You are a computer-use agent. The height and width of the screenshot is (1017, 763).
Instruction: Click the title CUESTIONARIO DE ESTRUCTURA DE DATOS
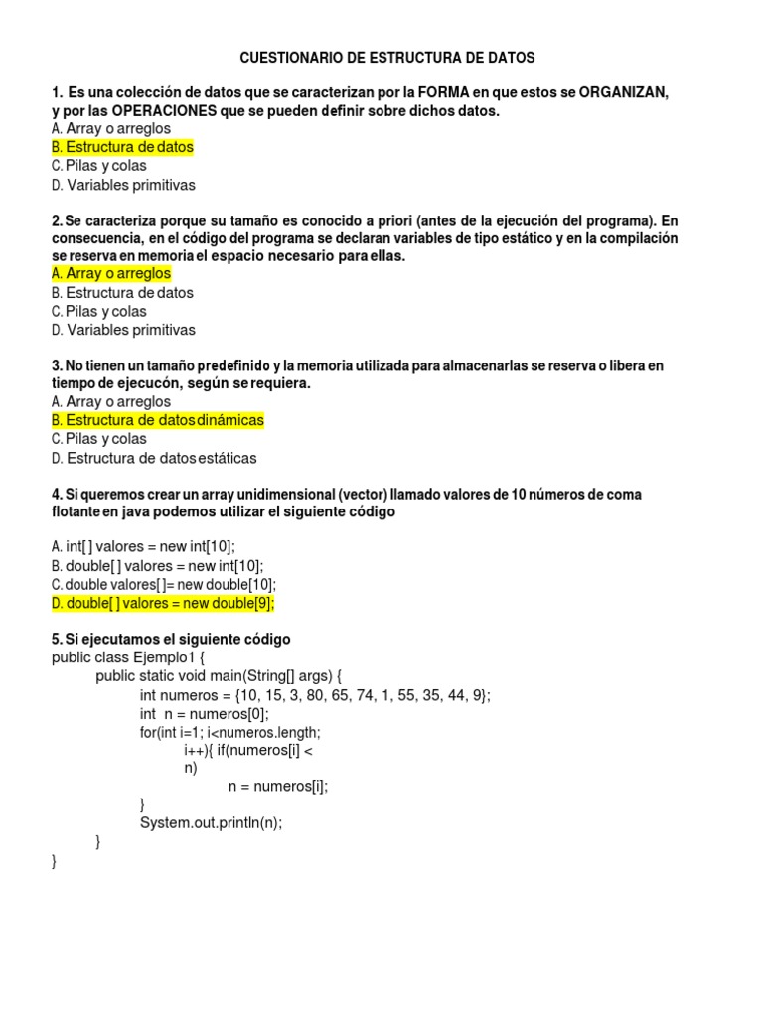point(387,59)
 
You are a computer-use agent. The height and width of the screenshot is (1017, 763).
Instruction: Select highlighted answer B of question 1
point(122,147)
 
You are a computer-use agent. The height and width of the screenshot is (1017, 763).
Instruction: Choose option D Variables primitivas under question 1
point(123,185)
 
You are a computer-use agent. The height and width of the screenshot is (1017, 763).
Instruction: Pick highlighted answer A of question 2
point(111,273)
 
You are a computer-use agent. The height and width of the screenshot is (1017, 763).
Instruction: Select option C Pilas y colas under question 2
point(98,311)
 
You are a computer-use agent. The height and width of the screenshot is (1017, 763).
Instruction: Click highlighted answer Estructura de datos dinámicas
point(157,420)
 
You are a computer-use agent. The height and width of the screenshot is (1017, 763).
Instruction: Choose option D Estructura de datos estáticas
point(154,458)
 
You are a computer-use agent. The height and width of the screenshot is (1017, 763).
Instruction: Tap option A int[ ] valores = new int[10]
point(144,546)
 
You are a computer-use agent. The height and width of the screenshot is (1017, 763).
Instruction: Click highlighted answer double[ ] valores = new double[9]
point(162,603)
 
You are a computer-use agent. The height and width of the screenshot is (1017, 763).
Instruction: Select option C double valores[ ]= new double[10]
point(163,584)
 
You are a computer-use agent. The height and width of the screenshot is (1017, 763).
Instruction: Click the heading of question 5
point(171,639)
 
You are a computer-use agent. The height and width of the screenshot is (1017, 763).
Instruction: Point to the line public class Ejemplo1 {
point(127,657)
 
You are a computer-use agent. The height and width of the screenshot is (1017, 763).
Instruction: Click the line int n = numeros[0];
point(205,714)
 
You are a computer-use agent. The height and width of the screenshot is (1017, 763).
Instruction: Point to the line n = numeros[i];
point(278,786)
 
